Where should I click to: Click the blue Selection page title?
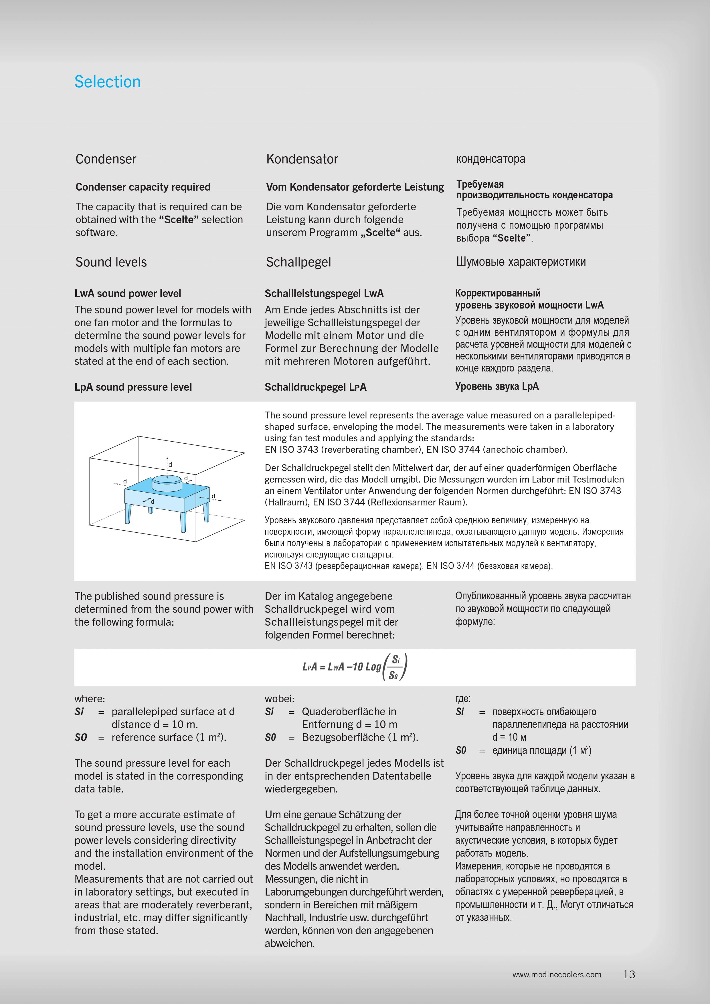coord(108,82)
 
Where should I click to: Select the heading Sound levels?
coord(111,262)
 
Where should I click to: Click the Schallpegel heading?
coord(298,262)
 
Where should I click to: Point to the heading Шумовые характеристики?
coord(521,262)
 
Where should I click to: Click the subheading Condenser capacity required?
coord(143,187)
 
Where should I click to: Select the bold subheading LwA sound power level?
coord(128,293)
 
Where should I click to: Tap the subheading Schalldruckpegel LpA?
coord(315,387)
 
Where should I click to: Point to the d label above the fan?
coord(171,465)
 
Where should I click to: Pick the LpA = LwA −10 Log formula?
coord(354,667)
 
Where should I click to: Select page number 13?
coord(629,974)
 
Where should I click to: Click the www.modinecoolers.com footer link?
coord(557,975)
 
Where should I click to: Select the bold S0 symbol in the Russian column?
coord(461,750)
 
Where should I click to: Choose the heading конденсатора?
coord(491,159)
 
